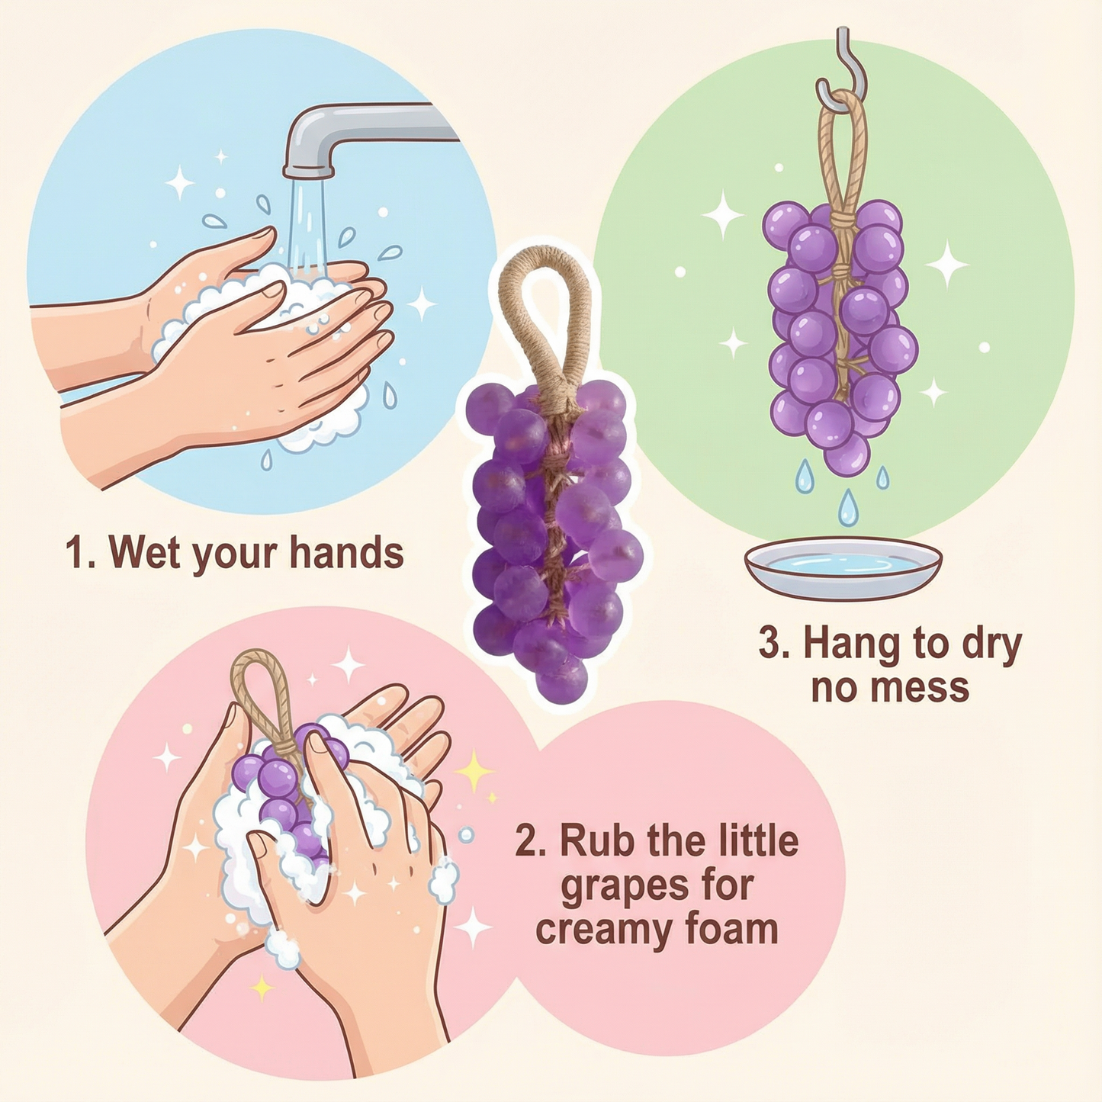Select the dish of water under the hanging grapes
click(843, 567)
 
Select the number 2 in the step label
click(525, 841)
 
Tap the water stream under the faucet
click(307, 221)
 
